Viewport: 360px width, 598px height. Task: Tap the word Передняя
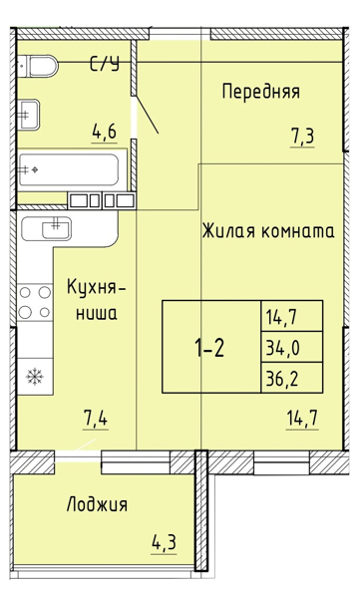click(260, 92)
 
